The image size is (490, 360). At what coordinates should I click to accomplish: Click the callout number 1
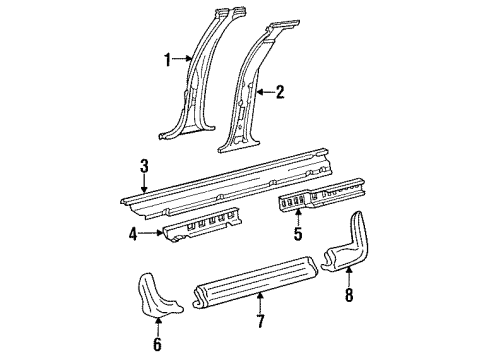pyautogui.click(x=168, y=60)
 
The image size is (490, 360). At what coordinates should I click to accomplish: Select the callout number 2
pyautogui.click(x=280, y=93)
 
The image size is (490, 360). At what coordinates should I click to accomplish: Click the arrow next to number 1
pyautogui.click(x=187, y=60)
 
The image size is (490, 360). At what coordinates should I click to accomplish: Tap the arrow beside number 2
pyautogui.click(x=260, y=93)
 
